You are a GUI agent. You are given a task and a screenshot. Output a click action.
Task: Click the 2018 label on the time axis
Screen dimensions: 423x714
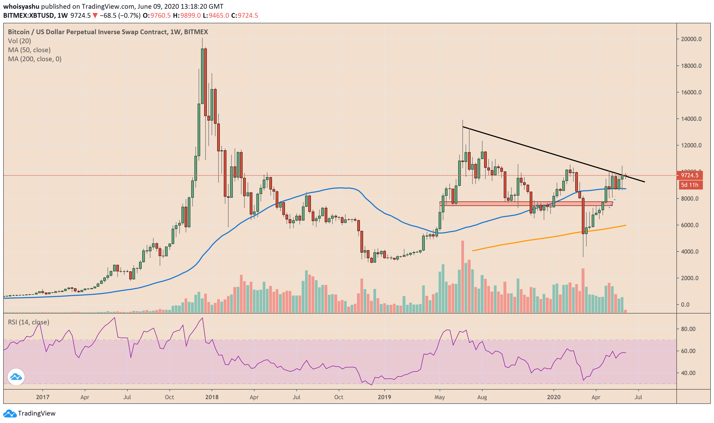[x=212, y=397]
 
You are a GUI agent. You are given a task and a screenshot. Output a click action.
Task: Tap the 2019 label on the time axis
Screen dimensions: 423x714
[x=384, y=397]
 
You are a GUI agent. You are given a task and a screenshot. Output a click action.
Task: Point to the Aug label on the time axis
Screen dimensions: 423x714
[x=482, y=397]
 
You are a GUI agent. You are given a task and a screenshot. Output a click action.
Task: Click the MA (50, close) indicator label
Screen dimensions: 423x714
[x=29, y=50]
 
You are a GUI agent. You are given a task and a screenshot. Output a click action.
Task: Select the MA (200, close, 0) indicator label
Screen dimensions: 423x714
[x=34, y=59]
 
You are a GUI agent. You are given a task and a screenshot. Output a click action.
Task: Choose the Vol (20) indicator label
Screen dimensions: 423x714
[x=19, y=41]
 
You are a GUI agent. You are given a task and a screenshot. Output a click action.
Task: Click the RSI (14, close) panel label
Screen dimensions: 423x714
[x=29, y=322]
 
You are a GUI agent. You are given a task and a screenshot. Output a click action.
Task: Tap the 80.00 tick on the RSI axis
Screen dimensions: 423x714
[x=688, y=329]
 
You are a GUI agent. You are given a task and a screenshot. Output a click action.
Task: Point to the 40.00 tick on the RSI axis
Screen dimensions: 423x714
[x=688, y=373]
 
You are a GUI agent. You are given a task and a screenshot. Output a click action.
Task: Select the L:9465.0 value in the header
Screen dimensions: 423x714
[x=216, y=15]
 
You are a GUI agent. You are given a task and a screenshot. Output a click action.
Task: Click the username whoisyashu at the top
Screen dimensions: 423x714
[x=21, y=6]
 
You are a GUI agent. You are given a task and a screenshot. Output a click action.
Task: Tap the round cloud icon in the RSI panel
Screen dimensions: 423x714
[x=16, y=377]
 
